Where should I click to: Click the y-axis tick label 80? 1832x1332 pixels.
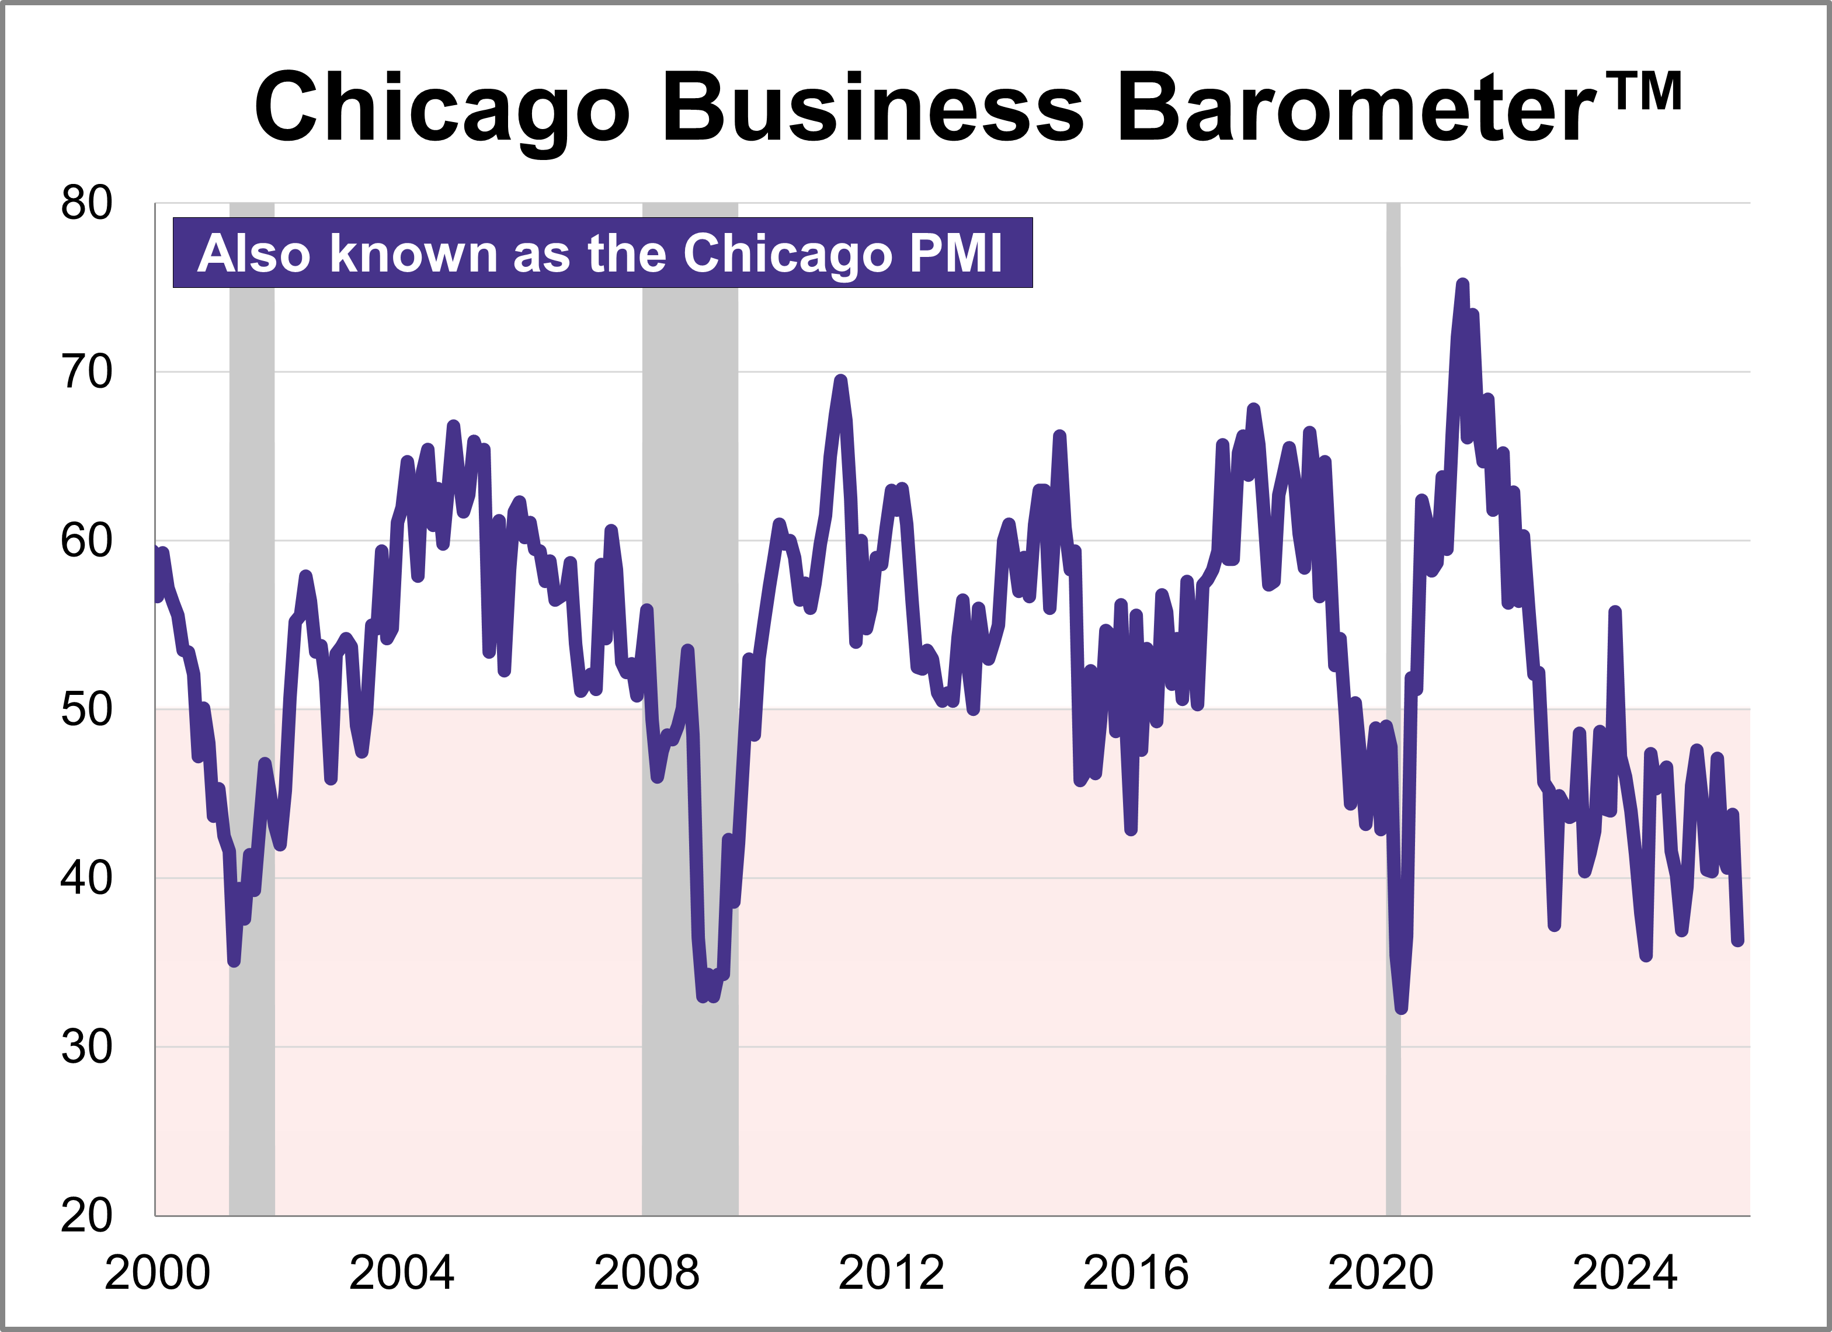coord(86,204)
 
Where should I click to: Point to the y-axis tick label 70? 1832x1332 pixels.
coord(86,373)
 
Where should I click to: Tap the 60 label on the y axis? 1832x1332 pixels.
coord(86,541)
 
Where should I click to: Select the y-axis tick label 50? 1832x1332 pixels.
coord(86,710)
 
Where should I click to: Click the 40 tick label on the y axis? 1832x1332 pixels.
coord(86,878)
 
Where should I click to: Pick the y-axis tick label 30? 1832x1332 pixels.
coord(86,1047)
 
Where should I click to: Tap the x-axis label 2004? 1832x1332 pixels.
coord(401,1273)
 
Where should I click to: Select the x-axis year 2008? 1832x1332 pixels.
coord(646,1273)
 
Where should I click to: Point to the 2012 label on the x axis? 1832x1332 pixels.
coord(891,1273)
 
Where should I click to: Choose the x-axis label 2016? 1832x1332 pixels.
coord(1136,1273)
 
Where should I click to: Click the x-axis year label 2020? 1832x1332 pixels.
coord(1381,1273)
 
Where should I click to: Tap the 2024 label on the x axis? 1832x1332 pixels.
coord(1625,1273)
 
